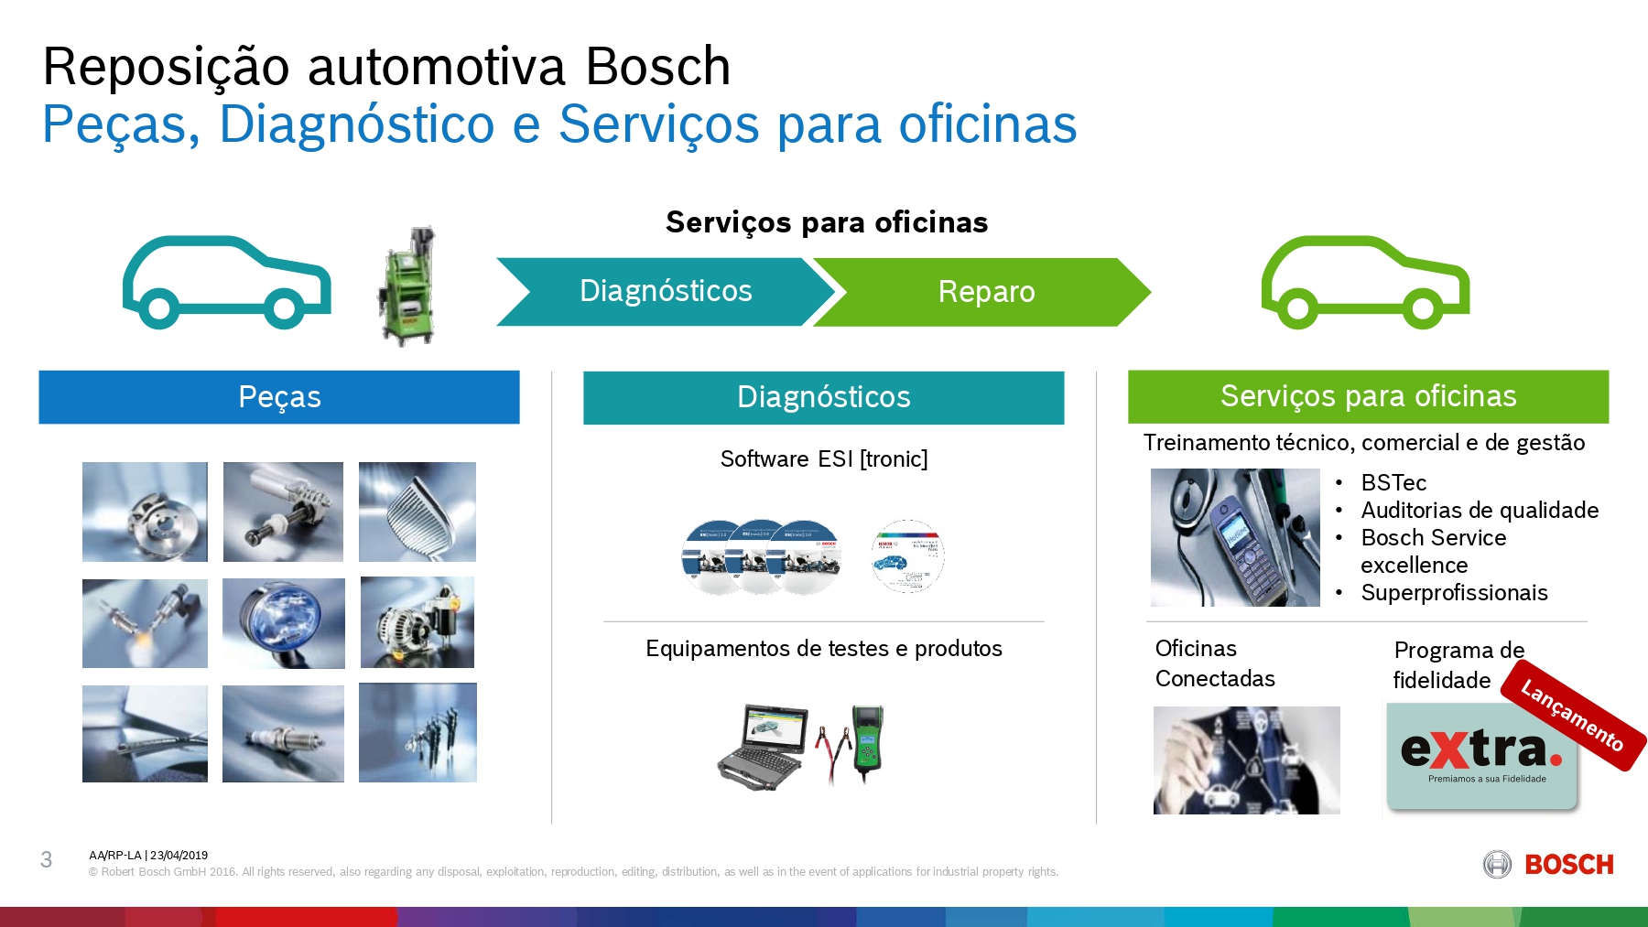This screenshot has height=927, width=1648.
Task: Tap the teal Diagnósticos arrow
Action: [x=665, y=291]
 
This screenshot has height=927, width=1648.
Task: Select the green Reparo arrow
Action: [x=985, y=292]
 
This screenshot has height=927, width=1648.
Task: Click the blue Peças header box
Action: [x=279, y=397]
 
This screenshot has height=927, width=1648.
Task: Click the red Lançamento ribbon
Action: [x=1573, y=717]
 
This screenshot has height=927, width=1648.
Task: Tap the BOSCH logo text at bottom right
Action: [x=1568, y=865]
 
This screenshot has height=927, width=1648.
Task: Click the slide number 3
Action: [x=47, y=859]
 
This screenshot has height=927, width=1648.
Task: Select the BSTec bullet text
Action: [x=1393, y=482]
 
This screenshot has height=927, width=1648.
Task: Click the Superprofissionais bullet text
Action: [x=1454, y=593]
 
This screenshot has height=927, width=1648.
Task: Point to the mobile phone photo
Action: [x=1234, y=538]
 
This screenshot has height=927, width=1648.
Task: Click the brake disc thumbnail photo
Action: [x=145, y=512]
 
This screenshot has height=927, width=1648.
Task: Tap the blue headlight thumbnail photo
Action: [x=284, y=623]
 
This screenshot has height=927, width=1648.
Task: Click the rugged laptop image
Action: [x=762, y=746]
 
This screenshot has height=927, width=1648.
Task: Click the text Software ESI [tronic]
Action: [x=824, y=458]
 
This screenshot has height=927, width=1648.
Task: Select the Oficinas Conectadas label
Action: [x=1215, y=663]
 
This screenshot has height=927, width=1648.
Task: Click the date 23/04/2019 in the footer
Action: [x=179, y=856]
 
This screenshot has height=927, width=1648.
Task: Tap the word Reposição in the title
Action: [x=166, y=67]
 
